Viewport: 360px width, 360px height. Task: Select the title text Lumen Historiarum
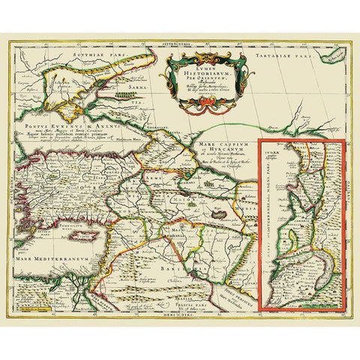tap(196, 70)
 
